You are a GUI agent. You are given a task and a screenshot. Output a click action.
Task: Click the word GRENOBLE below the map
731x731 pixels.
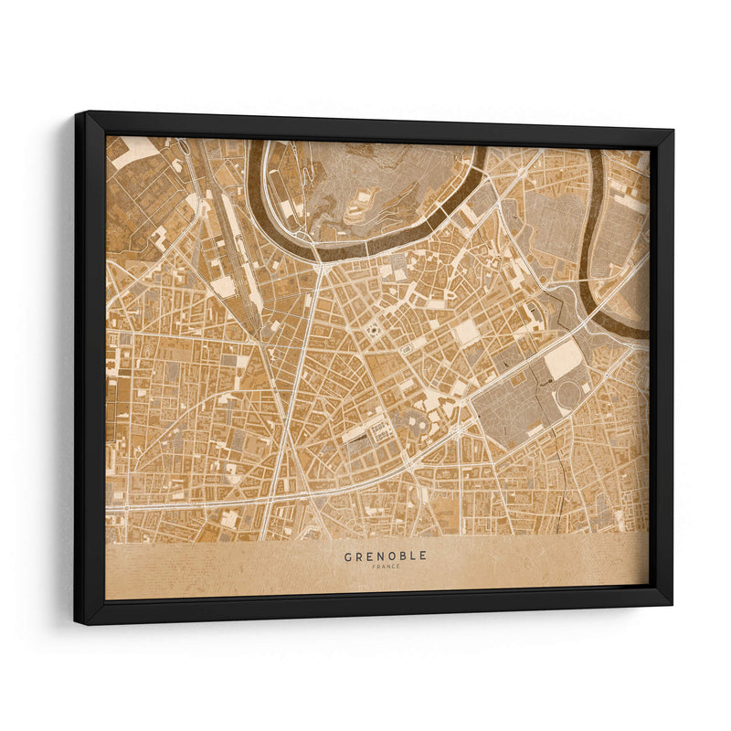[x=385, y=556]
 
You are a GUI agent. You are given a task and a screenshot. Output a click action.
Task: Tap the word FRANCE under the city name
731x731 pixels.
[x=385, y=567]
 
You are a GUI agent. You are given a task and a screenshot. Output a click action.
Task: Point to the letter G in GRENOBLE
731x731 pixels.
[x=348, y=556]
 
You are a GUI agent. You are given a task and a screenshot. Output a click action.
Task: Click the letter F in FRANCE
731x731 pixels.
[x=374, y=567]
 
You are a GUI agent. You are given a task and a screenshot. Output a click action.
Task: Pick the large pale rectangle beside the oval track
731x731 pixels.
[x=564, y=359]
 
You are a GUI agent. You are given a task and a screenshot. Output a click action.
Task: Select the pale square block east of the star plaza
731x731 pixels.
[x=467, y=331]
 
